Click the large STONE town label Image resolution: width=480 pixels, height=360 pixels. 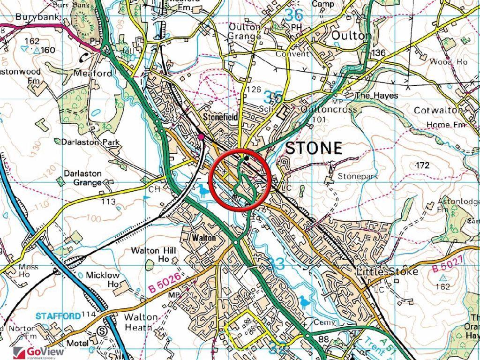click(314, 148)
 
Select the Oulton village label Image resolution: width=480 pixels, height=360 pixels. click(351, 36)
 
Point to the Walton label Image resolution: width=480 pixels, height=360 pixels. click(204, 238)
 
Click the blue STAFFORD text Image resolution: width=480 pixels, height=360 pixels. click(58, 316)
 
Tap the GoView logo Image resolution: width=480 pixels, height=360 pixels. click(32, 352)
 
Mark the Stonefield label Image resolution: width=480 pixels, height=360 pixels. click(220, 117)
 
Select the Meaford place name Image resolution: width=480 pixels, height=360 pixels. click(93, 74)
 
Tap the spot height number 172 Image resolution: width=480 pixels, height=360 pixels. click(422, 165)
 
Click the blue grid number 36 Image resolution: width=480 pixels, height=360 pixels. click(294, 15)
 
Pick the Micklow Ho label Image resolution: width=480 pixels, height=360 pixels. click(102, 279)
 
